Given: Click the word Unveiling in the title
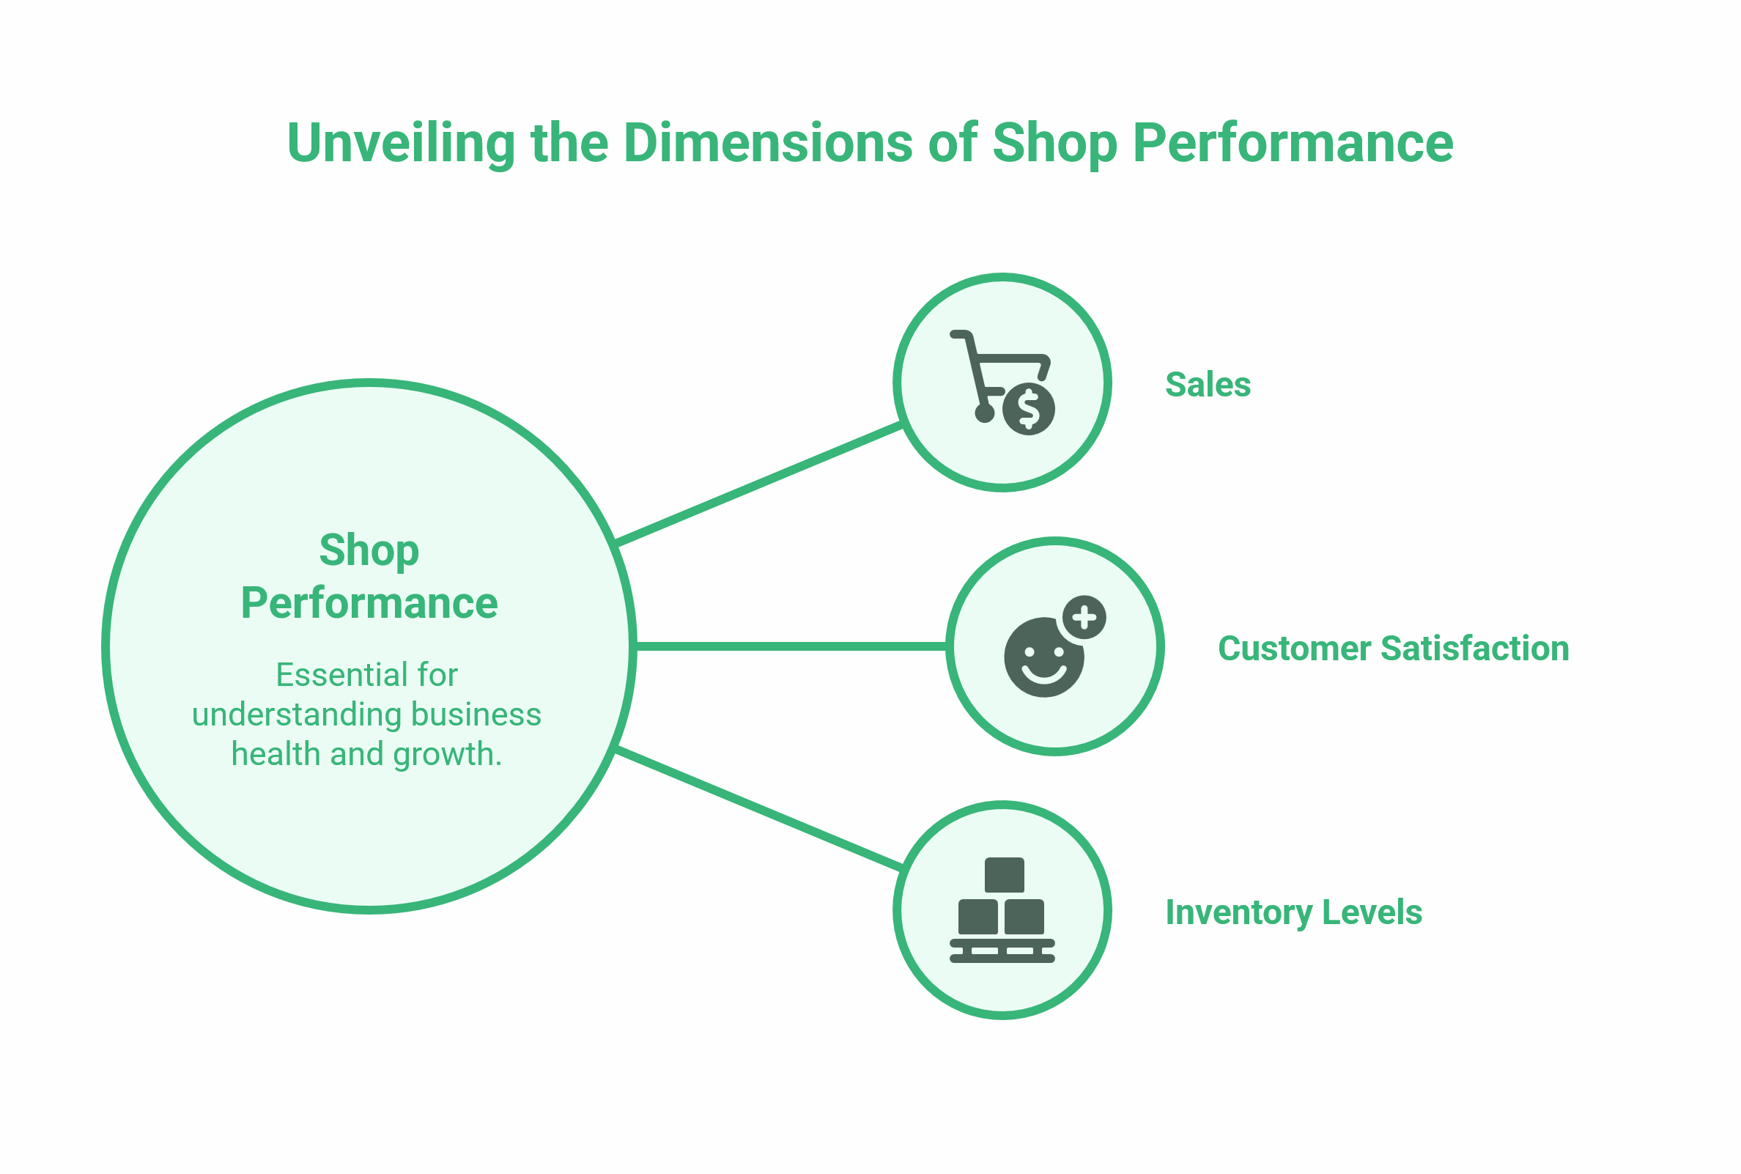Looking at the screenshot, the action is point(402,142).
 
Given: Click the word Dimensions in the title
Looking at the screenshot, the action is point(767,142).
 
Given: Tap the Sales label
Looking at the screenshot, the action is point(1208,385).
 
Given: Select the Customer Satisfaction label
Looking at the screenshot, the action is point(1393,649).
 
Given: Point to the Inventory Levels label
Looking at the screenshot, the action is point(1293,912).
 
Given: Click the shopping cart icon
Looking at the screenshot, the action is point(1002,382).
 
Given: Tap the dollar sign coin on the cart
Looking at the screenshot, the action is point(1029,409).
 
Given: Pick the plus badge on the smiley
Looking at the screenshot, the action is point(1084,618).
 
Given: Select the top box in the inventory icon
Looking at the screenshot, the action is point(1004,874).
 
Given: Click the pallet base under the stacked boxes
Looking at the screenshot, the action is point(1002,951).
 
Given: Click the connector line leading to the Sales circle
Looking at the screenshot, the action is point(758,484).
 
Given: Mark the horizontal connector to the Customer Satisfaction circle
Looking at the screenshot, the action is point(791,646).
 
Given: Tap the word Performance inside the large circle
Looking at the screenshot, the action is point(369,603).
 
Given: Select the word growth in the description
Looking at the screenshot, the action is point(447,755).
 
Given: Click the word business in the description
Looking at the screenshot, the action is point(476,715).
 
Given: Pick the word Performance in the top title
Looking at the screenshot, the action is point(1293,142).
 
